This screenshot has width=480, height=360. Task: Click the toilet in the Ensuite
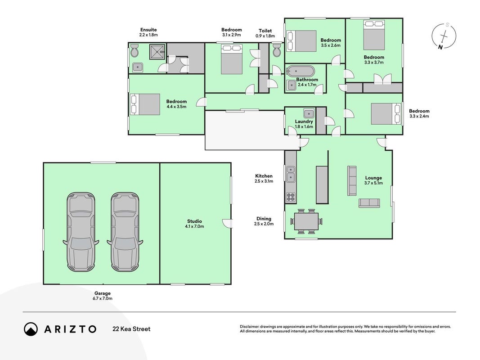pos(135,50)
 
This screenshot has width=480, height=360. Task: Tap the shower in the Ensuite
pos(157,52)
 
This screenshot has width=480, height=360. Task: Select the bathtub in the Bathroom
pos(300,71)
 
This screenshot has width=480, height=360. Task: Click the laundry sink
pos(309,113)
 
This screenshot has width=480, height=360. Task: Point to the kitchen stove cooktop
pos(291,197)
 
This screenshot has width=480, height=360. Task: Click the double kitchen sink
pos(291,174)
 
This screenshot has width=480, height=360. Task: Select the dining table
pos(306,221)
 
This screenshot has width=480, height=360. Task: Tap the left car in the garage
pos(81,232)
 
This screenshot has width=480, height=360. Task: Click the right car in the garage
pos(125,232)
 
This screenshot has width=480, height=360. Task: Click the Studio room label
pos(194,221)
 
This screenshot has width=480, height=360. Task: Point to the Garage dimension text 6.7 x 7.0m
pos(103,298)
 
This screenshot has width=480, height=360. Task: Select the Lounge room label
pos(373,178)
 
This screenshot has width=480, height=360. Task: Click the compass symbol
pos(444,36)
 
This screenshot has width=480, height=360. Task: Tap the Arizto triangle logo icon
pos(31,329)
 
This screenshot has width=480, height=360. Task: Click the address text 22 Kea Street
pos(132,329)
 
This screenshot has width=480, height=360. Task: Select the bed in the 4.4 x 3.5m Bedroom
pos(145,104)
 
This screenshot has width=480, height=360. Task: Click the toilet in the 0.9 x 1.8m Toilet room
pos(276,50)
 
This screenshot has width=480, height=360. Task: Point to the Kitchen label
pos(264,176)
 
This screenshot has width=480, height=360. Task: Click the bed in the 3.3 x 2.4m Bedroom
pos(386,113)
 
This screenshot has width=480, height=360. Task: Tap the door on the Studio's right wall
pos(228,224)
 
